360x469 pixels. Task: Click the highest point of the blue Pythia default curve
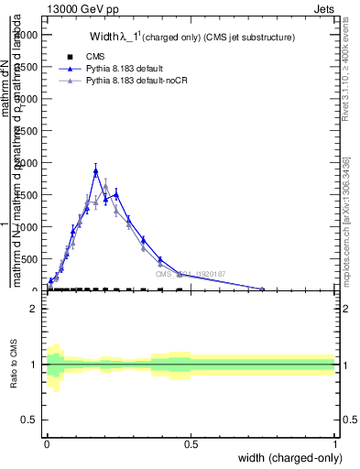point(95,170)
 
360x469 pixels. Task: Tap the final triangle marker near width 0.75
point(262,289)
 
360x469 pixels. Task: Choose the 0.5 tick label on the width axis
point(191,443)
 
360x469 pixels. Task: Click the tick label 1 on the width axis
point(335,443)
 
